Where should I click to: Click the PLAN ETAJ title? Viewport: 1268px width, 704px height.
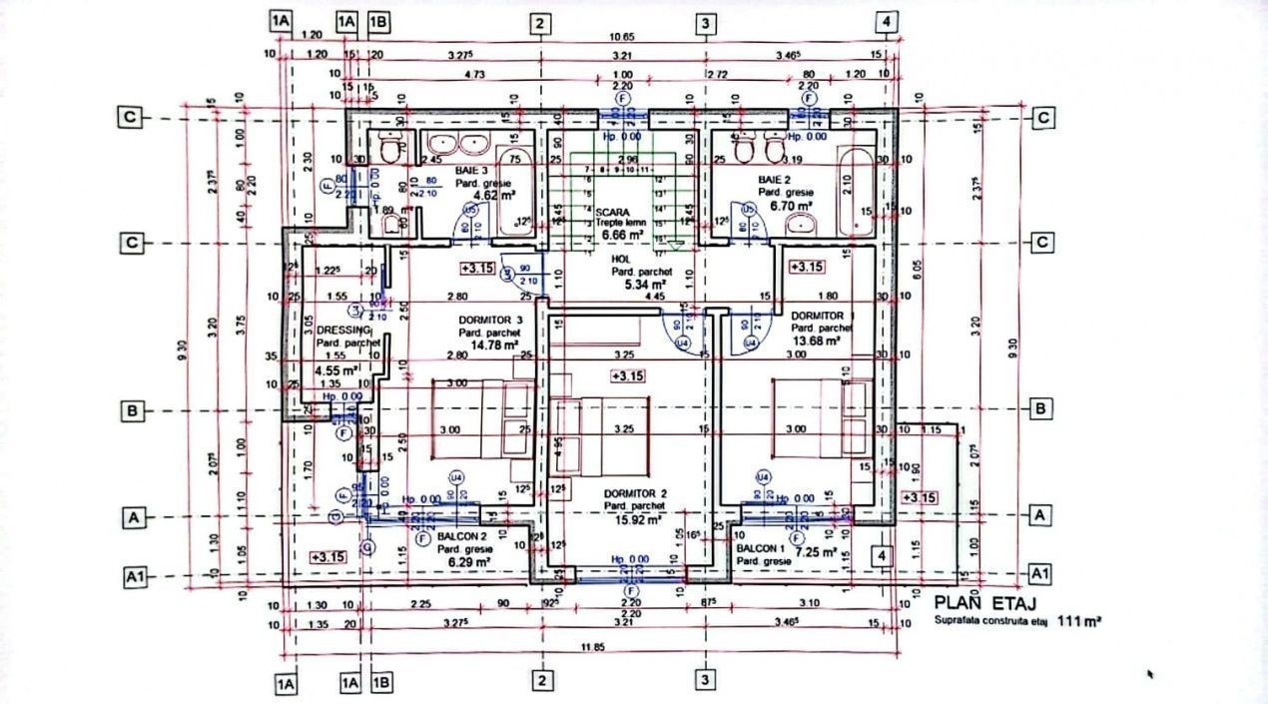tap(984, 603)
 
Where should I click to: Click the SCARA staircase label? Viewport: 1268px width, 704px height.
tap(612, 213)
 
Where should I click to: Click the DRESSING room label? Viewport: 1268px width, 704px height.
tap(343, 331)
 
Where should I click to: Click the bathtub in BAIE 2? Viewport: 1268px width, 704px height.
tap(856, 191)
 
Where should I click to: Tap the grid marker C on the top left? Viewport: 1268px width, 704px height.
tap(130, 117)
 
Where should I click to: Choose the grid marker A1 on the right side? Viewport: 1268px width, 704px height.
tap(1040, 573)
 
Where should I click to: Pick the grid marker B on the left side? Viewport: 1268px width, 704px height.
tap(130, 409)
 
